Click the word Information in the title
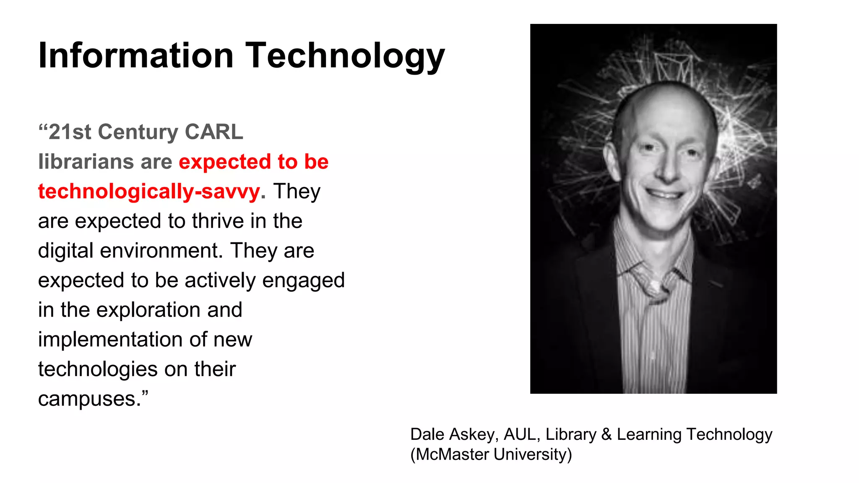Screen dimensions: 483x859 coord(135,55)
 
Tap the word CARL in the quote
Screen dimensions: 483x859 coord(213,132)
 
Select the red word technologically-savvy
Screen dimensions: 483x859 coord(149,192)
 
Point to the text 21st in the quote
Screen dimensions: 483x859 coord(70,132)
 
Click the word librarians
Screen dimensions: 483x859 coord(86,162)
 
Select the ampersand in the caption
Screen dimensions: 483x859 coord(607,434)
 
